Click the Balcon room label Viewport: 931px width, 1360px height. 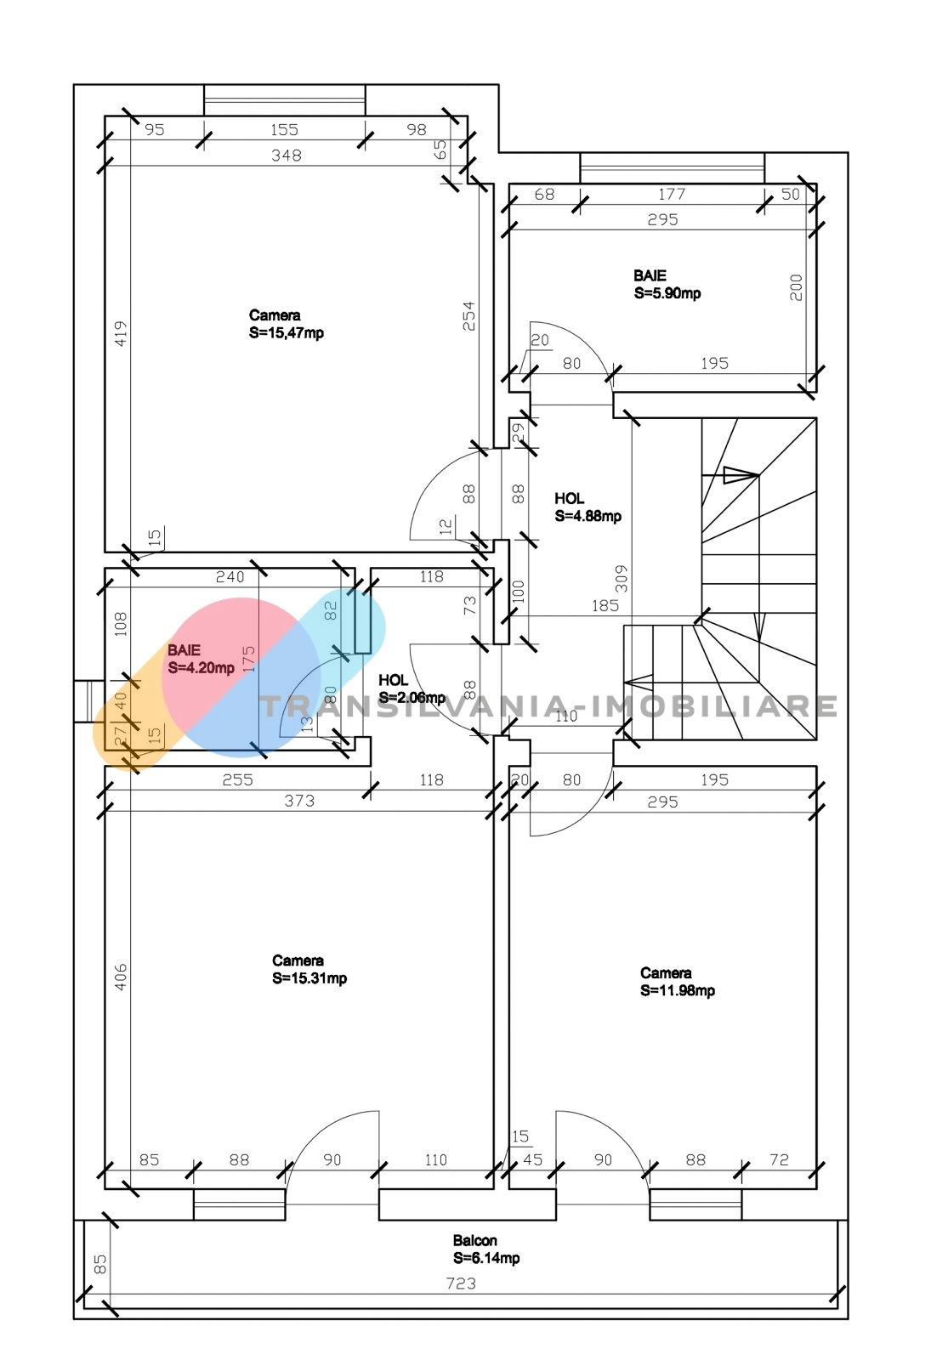pos(474,1240)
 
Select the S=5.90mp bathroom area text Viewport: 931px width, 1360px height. pos(667,293)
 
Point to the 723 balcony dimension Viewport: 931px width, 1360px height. pos(461,1283)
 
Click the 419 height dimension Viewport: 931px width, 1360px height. pos(121,333)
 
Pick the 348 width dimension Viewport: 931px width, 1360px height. pos(286,156)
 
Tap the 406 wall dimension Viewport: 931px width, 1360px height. pos(121,977)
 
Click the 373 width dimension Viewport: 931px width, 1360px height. pos(299,801)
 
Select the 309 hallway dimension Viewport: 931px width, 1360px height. pos(621,578)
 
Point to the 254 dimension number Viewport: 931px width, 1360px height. pos(468,315)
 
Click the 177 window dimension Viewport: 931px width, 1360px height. pos(672,195)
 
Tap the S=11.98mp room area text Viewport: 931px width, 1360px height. pos(677,990)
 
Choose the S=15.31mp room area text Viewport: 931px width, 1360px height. pos(309,978)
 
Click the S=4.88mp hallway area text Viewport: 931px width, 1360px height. pos(588,516)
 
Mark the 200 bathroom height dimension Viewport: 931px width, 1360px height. pos(796,287)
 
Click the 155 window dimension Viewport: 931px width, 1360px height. pos(284,130)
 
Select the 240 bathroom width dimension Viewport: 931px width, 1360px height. pos(230,577)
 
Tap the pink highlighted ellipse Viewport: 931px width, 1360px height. pos(241,677)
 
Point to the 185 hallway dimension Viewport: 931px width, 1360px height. pos(605,605)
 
